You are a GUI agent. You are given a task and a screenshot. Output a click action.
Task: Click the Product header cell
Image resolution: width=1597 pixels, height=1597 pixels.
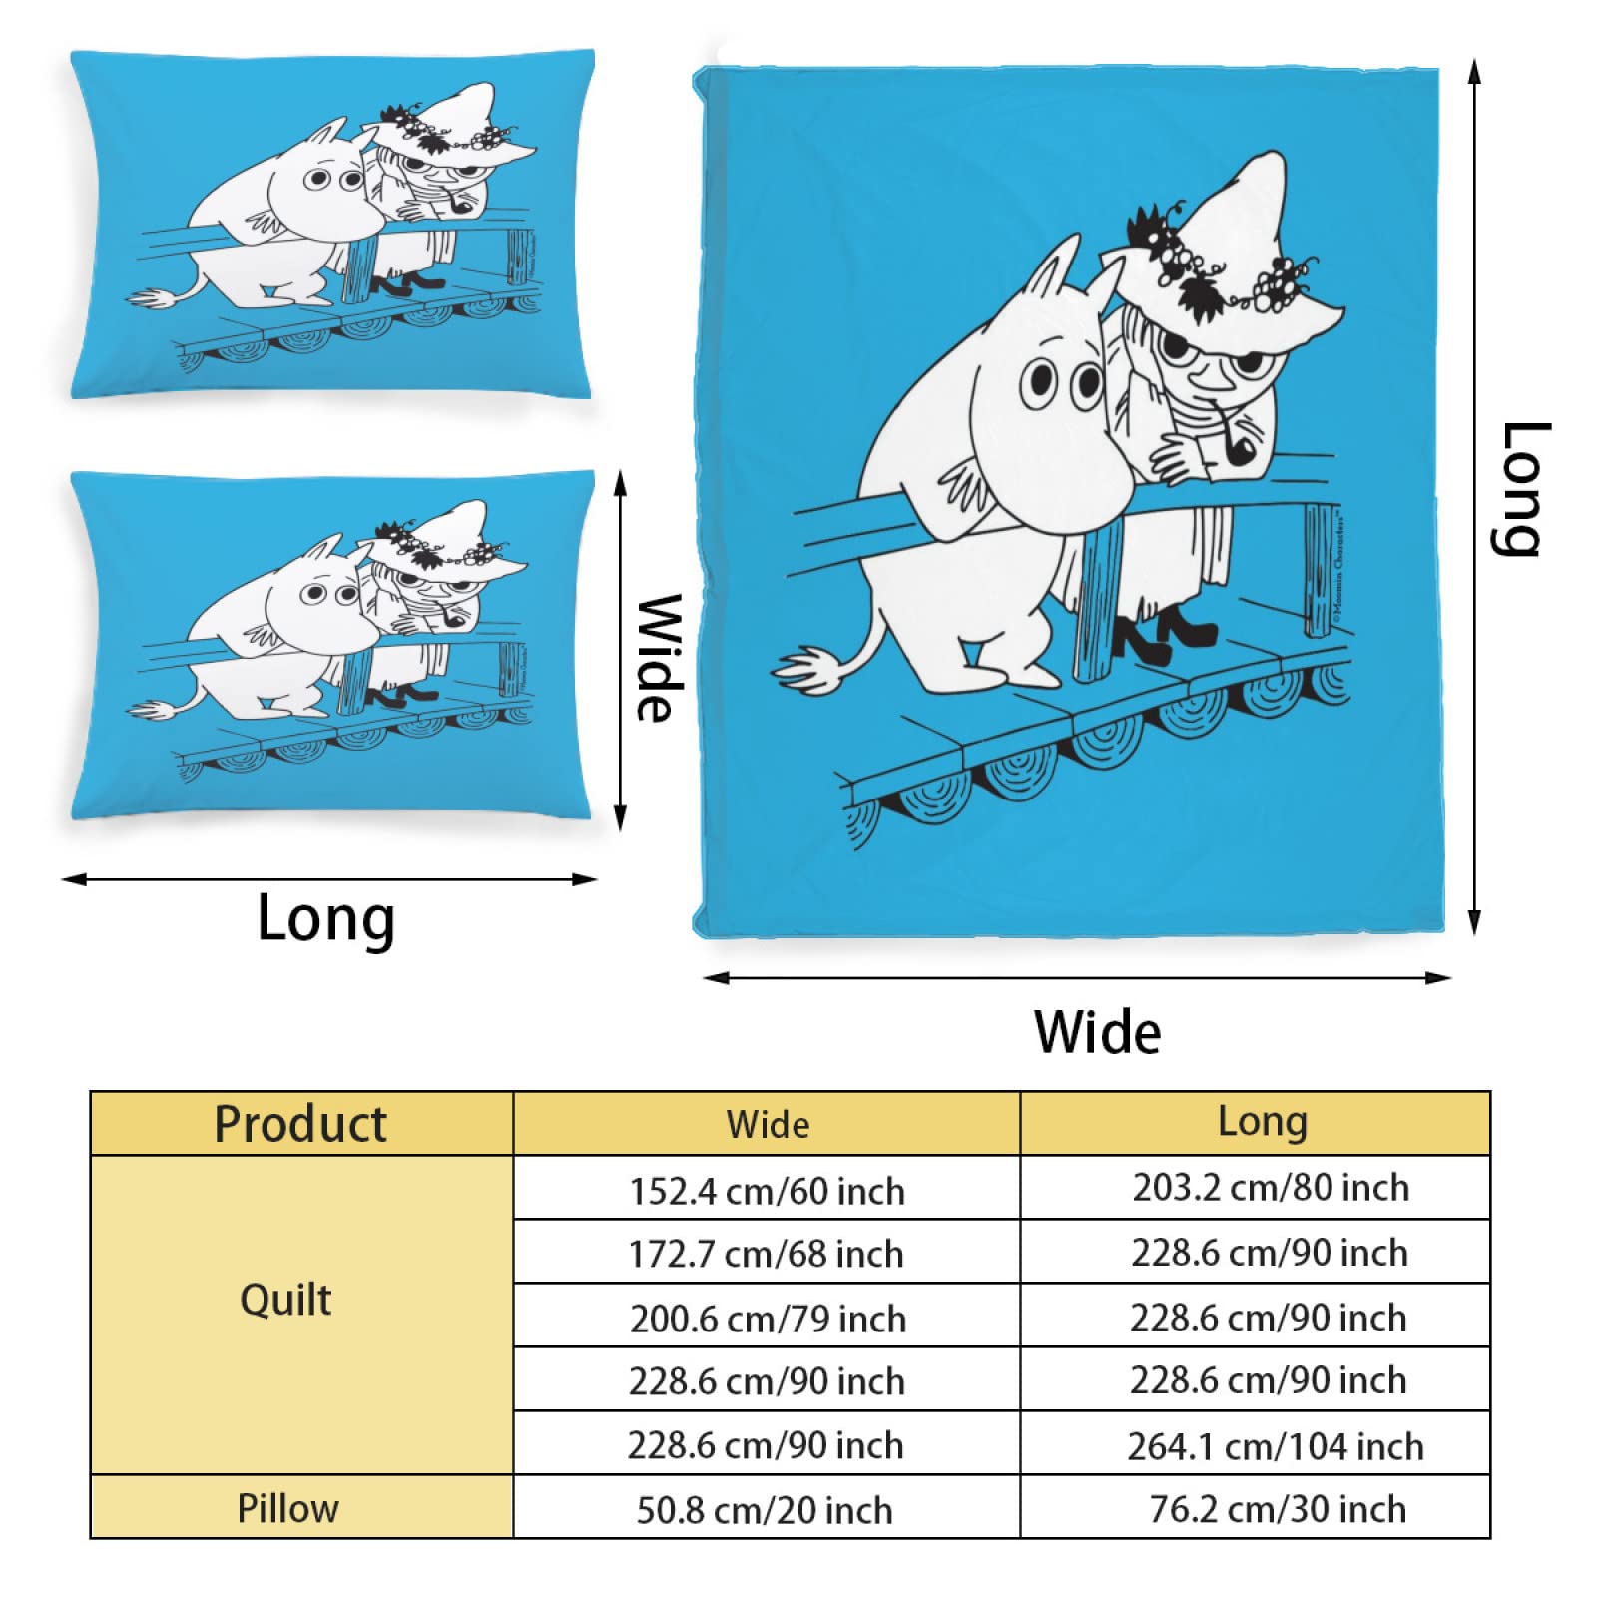coord(300,1124)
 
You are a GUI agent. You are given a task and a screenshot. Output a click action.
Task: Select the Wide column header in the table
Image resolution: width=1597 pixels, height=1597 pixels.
coord(767,1125)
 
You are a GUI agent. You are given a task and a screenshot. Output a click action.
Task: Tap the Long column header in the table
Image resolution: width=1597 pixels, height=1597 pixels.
coord(1262,1122)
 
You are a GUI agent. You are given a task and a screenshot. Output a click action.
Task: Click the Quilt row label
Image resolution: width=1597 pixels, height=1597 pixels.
coord(285,1300)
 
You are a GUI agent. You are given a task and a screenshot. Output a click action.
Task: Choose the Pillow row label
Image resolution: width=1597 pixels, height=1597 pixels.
coord(287,1508)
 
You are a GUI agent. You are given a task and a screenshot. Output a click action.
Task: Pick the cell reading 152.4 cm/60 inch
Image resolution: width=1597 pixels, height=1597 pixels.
coord(767,1191)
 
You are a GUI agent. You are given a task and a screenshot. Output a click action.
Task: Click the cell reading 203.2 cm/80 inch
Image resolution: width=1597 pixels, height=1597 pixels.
coord(1271,1188)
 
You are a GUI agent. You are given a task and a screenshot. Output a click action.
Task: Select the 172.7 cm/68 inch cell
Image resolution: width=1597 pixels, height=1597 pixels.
coord(766,1254)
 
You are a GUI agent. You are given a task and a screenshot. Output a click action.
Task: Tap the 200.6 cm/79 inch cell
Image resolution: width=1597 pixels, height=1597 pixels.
coord(768,1319)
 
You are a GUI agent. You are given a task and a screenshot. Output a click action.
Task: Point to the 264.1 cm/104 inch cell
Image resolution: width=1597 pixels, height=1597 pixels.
coord(1275,1446)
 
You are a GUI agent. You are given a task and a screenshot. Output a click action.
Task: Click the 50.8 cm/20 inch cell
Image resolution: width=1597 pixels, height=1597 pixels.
coord(765,1510)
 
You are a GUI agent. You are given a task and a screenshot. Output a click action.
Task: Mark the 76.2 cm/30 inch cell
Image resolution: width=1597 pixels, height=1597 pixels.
coord(1278,1509)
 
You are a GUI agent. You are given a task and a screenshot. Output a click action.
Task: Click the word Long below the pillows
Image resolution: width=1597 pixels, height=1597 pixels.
coord(325,918)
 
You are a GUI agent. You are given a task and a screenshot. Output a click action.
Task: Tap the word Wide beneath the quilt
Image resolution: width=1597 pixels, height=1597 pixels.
coord(1097,1032)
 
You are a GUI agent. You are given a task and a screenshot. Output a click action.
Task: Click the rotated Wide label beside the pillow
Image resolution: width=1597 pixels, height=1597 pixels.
coord(660,658)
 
